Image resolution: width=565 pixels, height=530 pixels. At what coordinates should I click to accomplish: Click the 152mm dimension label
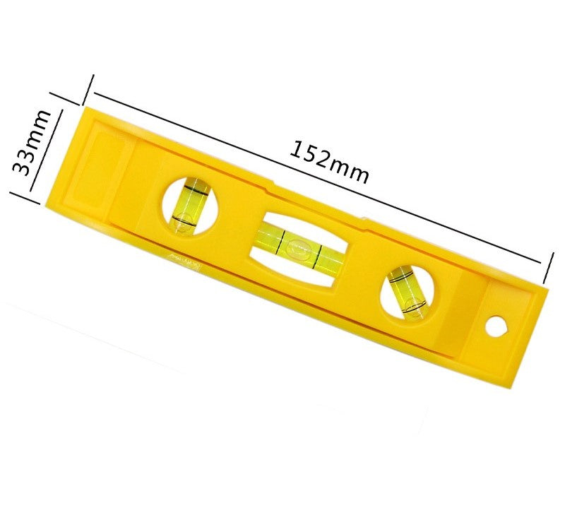coord(329,162)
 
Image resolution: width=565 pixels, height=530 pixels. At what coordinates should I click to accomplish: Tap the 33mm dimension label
coord(32,143)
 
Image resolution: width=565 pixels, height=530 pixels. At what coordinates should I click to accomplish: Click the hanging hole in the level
coord(498,326)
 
